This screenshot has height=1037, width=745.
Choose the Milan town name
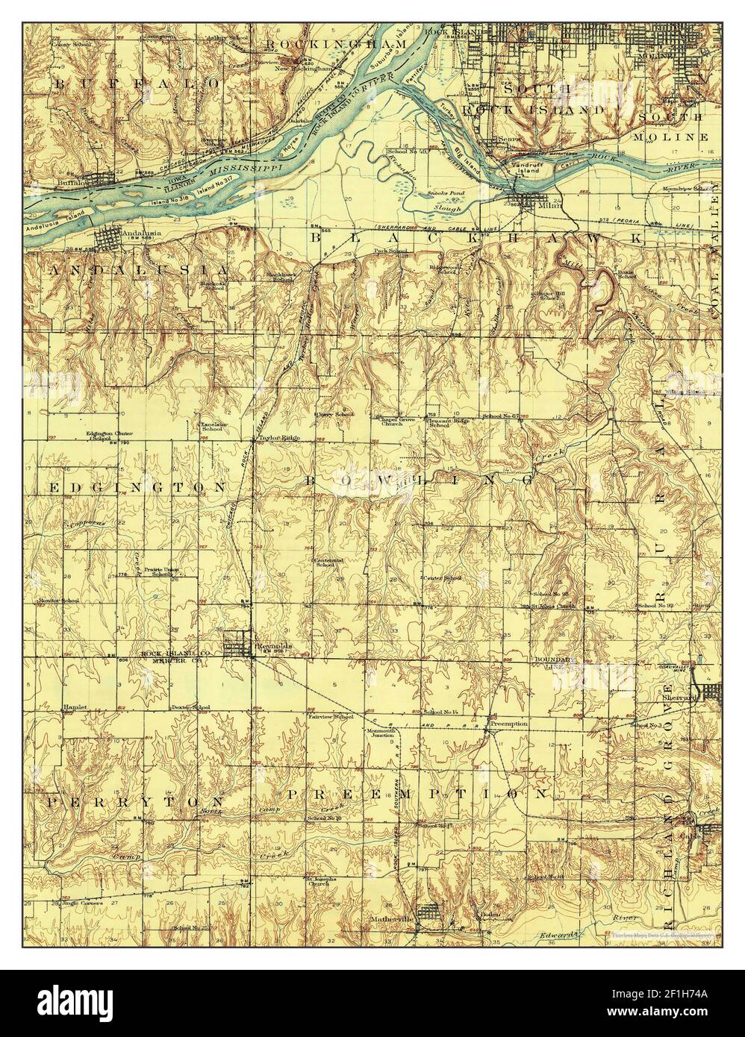tap(551, 204)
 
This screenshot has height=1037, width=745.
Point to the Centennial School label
tap(327, 562)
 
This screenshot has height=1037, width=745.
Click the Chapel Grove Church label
tap(396, 422)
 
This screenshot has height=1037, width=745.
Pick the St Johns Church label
tap(553, 607)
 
